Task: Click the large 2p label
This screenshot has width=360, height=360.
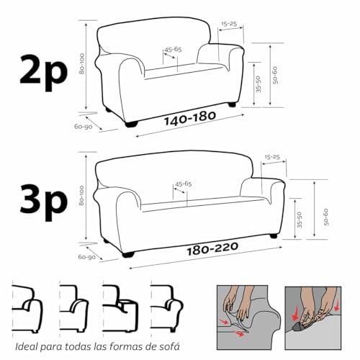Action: tap(43, 73)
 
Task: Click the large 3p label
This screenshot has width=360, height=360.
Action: tap(43, 202)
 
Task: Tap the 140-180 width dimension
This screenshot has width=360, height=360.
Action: tap(190, 118)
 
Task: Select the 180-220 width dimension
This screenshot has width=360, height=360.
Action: tap(212, 248)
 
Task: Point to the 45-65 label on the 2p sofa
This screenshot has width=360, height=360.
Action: tap(173, 50)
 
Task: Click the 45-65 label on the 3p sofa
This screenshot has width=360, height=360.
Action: tap(184, 184)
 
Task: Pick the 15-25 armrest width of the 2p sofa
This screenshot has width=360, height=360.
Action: tap(229, 24)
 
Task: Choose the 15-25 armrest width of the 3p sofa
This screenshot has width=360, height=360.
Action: tap(272, 157)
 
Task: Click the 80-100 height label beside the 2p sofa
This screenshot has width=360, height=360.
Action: tap(82, 63)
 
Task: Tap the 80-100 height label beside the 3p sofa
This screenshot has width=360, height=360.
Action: tap(81, 195)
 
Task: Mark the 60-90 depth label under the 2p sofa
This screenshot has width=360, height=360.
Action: tap(84, 127)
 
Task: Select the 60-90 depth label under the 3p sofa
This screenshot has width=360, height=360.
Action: tap(87, 257)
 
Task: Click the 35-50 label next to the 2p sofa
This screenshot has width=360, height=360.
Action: tap(258, 84)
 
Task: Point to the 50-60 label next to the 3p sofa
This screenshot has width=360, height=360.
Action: tap(325, 217)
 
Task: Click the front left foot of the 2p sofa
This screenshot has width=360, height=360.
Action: tap(131, 124)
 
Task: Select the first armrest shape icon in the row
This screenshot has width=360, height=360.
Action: tap(27, 309)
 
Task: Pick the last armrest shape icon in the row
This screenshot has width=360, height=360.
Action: tap(166, 308)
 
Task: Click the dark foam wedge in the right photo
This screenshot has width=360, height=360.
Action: tap(297, 327)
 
